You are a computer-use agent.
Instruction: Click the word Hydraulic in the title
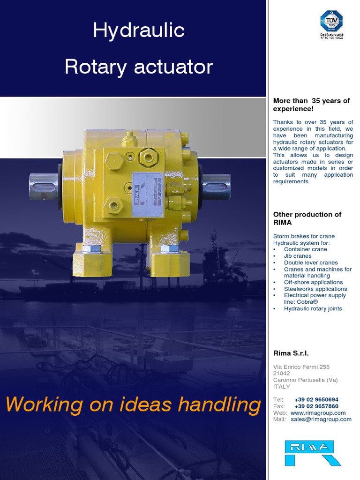pos(139,31)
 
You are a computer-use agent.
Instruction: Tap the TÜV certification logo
pos(331,22)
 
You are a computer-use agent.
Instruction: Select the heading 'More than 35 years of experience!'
pos(311,105)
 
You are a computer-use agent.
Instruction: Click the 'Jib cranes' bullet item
pos(298,256)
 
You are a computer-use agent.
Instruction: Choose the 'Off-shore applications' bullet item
pos(313,282)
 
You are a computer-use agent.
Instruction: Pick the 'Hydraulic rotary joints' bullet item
pos(313,308)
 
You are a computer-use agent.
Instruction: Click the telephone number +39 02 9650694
pos(316,399)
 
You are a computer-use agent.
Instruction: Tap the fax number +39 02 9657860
pos(316,406)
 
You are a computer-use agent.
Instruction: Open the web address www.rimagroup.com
pos(318,413)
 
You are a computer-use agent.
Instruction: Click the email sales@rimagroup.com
pos(321,420)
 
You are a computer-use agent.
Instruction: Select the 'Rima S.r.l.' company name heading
pos(291,353)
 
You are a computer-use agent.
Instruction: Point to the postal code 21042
pos(281,373)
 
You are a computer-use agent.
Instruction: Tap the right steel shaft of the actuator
pos(216,186)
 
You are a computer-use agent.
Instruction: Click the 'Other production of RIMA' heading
pos(307,218)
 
